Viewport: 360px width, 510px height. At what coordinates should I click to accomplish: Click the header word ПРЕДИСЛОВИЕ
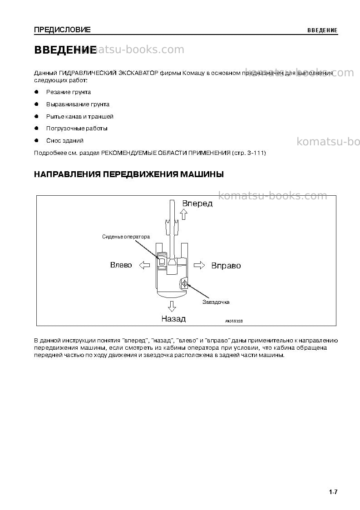(x=63, y=30)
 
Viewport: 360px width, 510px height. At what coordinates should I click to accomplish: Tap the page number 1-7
(x=333, y=492)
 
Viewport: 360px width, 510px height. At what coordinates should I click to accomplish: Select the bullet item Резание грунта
(x=68, y=92)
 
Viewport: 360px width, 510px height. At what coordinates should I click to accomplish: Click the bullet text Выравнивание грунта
(x=78, y=104)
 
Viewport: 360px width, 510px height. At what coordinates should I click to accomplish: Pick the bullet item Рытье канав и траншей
(x=80, y=116)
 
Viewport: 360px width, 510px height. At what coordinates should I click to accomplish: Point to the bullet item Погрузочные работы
(x=77, y=129)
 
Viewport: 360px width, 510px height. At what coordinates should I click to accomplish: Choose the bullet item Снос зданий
(x=65, y=140)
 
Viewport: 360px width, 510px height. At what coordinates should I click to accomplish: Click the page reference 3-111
(x=256, y=153)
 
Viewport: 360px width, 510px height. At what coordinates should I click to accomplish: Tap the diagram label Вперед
(x=197, y=203)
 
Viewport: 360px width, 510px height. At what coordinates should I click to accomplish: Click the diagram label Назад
(x=173, y=319)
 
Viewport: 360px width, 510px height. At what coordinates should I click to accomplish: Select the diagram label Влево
(x=121, y=265)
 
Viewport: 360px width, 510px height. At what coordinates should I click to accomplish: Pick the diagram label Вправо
(x=226, y=266)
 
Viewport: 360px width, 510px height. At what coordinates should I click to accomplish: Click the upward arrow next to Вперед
(x=184, y=214)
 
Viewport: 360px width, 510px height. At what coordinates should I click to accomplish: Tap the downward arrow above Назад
(x=172, y=307)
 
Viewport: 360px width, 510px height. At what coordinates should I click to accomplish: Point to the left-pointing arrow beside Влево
(x=144, y=265)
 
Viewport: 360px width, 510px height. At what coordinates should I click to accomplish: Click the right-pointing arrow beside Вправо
(x=199, y=265)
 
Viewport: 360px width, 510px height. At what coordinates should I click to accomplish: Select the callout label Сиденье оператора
(x=126, y=237)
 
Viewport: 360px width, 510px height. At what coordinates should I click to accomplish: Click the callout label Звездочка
(x=216, y=302)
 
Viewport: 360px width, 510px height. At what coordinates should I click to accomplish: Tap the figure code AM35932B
(x=234, y=322)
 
